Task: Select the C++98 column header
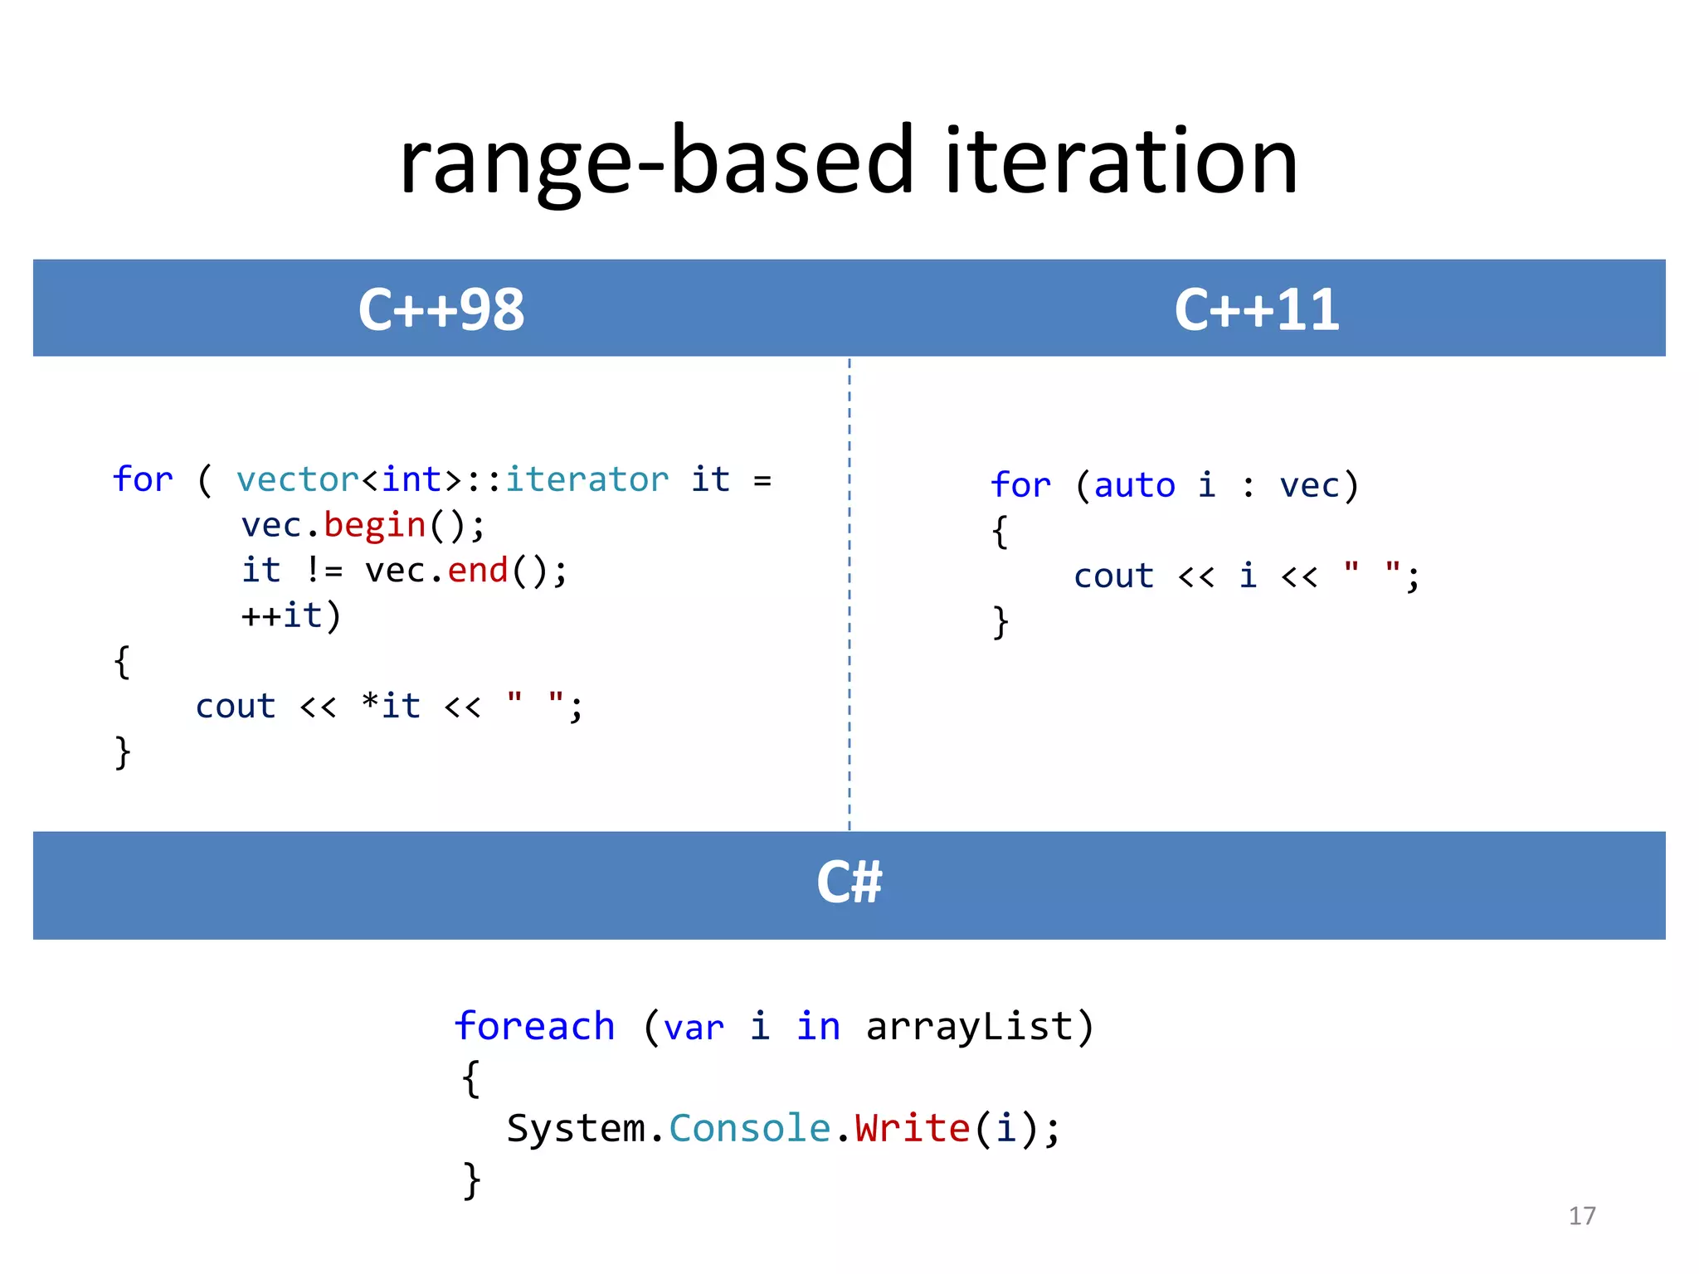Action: tap(441, 309)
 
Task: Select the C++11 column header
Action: tap(1257, 309)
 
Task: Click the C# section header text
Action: tap(849, 882)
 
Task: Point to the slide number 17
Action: tap(1582, 1216)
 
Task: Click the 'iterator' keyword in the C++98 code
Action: tap(587, 479)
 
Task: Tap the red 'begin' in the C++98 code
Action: tap(375, 525)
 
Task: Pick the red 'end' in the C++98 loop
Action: tap(478, 571)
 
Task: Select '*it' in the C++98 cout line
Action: tap(392, 706)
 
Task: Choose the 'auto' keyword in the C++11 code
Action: tap(1134, 485)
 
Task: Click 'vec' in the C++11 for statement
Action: tap(1309, 485)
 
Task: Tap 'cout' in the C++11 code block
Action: tap(1113, 576)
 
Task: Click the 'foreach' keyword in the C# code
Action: tap(535, 1027)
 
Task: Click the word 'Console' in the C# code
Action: tap(750, 1128)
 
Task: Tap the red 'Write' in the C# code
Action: tap(913, 1128)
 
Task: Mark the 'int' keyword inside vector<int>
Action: tap(411, 479)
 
